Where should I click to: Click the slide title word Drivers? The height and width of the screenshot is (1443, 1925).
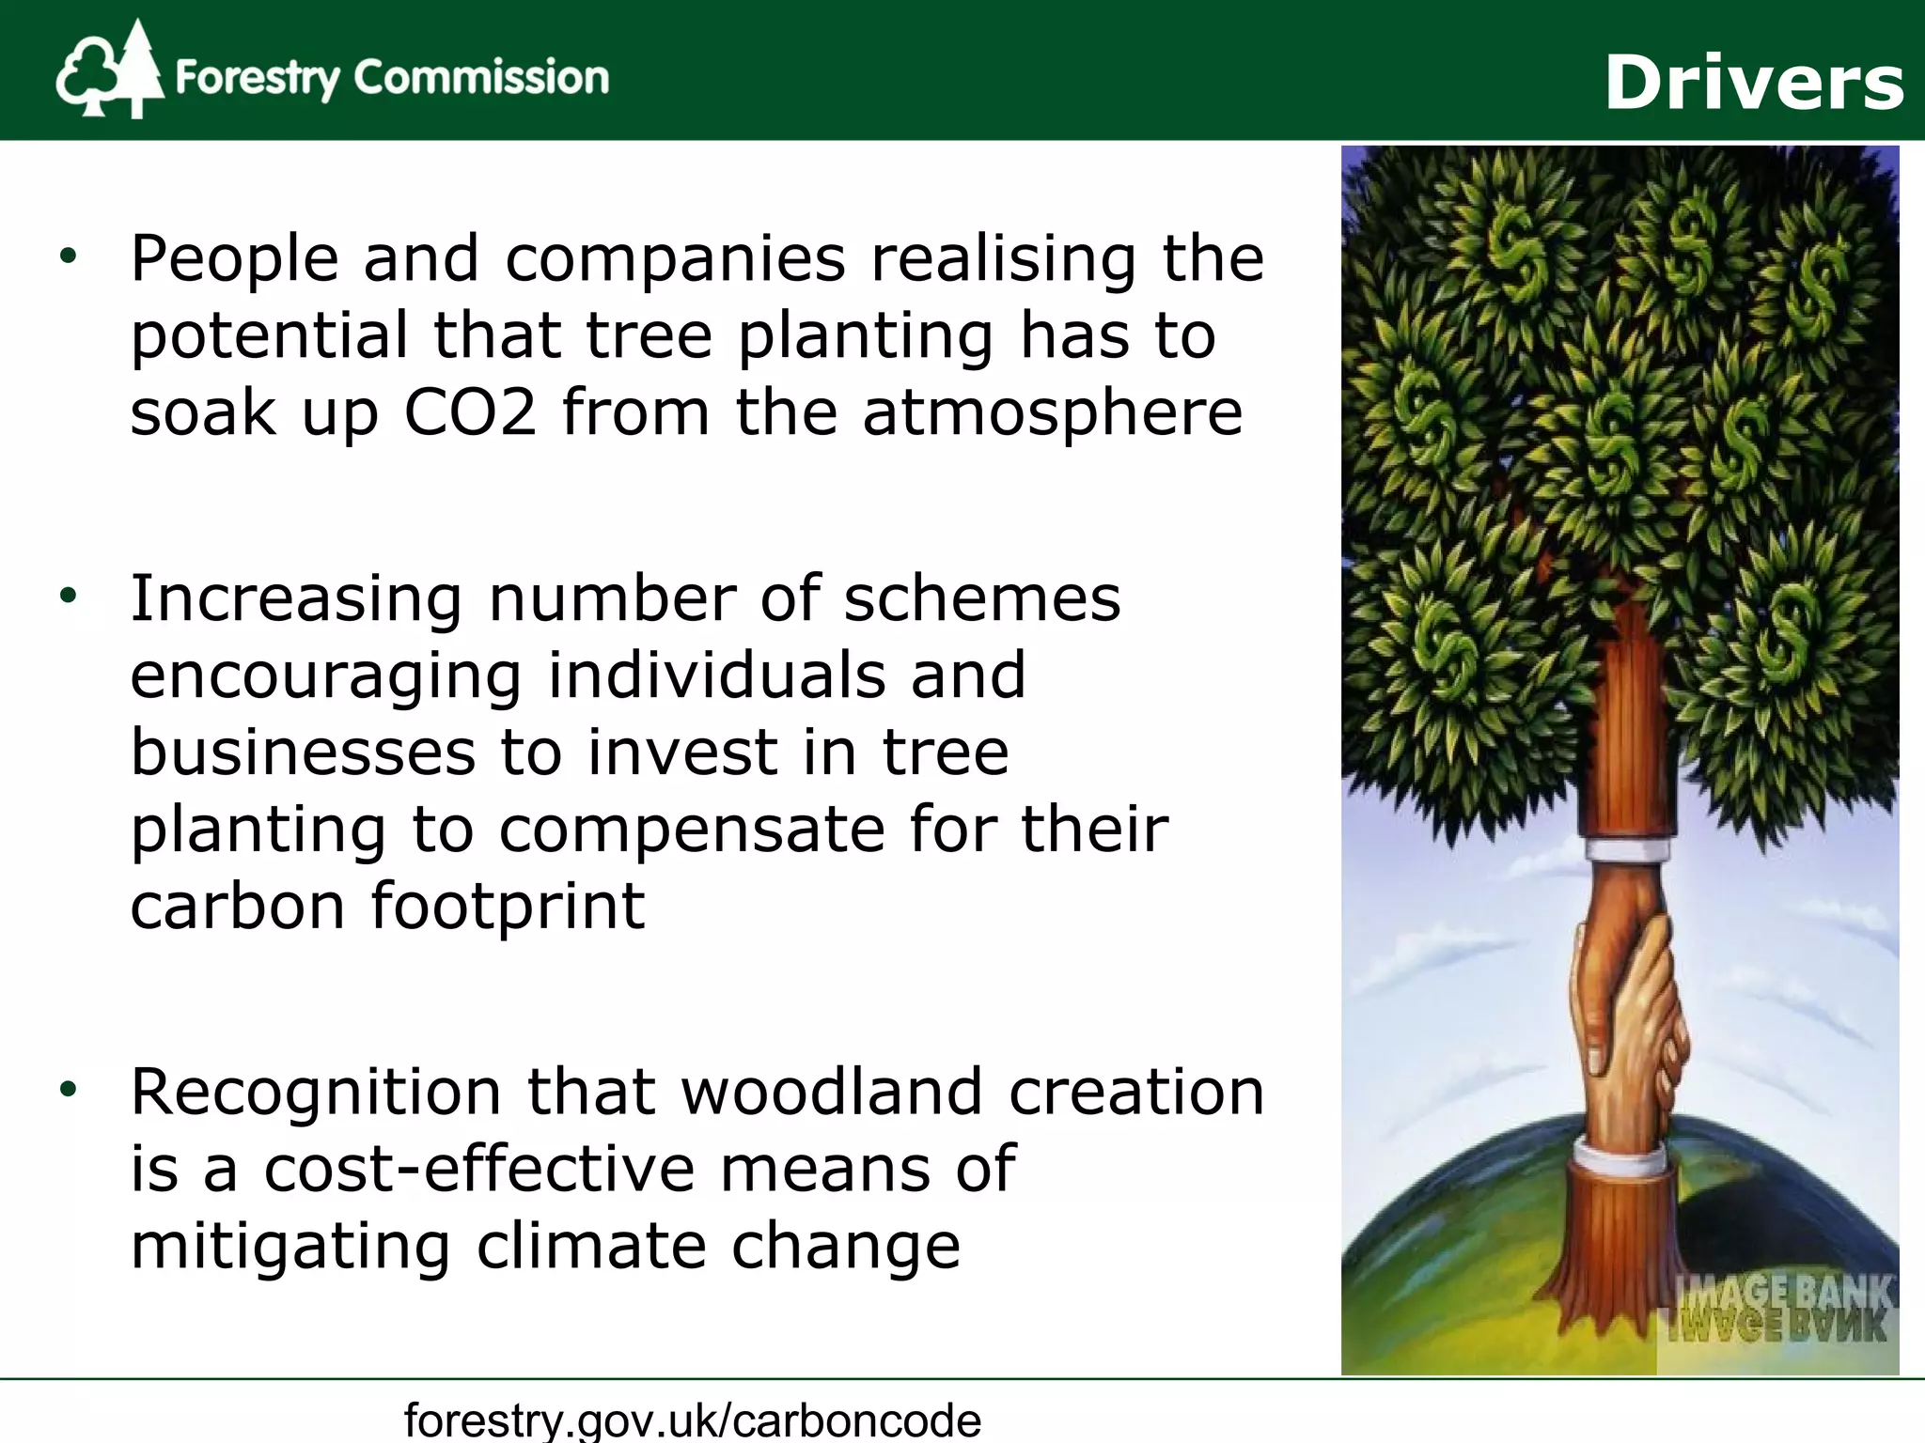point(1753,83)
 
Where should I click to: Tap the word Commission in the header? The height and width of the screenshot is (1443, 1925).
point(480,77)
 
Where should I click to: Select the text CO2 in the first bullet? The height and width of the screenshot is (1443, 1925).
point(470,412)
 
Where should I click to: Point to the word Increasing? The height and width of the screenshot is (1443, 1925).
point(296,598)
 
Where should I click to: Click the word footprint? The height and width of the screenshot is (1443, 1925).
point(508,907)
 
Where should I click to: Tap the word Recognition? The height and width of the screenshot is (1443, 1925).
point(316,1092)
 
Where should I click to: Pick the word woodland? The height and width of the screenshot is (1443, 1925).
point(832,1092)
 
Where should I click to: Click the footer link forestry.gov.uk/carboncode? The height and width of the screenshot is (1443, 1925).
point(693,1419)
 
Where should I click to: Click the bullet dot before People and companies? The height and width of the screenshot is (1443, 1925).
point(67,256)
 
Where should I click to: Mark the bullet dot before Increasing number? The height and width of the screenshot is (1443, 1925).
point(67,596)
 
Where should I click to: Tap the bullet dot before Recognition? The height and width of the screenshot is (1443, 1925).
point(67,1090)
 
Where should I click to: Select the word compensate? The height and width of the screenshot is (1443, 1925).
point(691,830)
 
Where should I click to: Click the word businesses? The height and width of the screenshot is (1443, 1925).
point(303,753)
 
